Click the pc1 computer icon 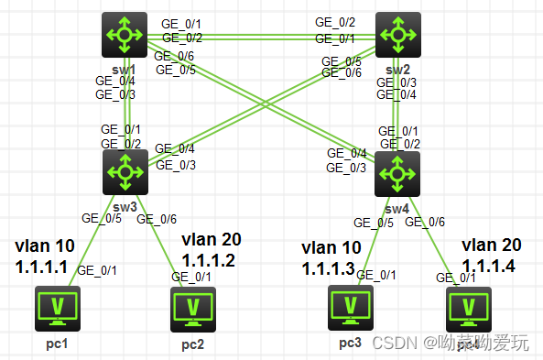coord(57,308)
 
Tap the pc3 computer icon coord(351,308)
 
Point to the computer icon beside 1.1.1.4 coord(468,309)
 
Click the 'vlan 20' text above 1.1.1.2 coord(213,239)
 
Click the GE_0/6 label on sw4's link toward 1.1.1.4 coord(425,222)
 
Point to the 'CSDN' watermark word coord(396,343)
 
